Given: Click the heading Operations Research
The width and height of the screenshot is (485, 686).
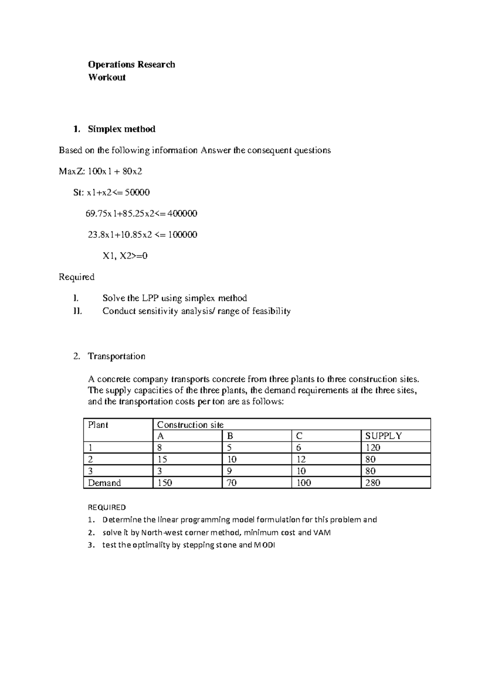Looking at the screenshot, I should [x=131, y=65].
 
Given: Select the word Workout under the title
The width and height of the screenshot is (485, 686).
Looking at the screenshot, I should [x=107, y=77].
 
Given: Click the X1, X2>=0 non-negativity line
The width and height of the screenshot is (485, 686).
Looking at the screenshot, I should [x=124, y=256].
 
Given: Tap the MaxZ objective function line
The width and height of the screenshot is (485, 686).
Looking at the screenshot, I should [x=100, y=171].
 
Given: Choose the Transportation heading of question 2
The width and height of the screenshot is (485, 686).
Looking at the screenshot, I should [x=116, y=356].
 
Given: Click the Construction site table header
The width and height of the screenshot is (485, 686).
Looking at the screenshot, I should [x=190, y=425].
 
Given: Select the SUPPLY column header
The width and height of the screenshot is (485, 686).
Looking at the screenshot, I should [x=383, y=436].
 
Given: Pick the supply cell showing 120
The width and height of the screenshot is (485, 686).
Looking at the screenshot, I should [x=373, y=448].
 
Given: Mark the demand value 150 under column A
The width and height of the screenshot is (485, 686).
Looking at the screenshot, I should [x=164, y=483].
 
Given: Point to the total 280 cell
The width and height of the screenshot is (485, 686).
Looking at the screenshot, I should [x=373, y=483].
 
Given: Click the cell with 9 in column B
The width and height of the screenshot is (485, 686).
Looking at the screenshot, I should [x=230, y=471].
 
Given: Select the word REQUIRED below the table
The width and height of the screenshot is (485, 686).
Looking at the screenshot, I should [x=107, y=507].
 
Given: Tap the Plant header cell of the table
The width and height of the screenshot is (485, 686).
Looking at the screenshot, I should [x=98, y=425].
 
